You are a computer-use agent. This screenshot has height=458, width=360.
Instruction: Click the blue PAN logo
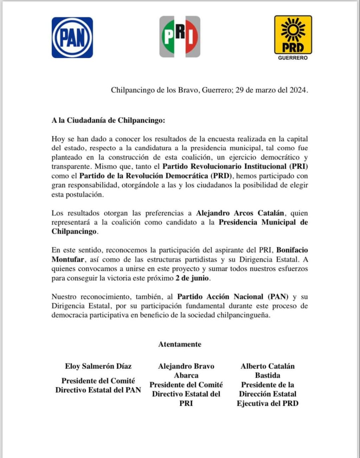coord(72,38)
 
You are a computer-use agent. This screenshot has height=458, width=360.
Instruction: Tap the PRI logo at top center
coord(180,37)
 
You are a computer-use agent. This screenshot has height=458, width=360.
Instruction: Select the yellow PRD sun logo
coord(293,34)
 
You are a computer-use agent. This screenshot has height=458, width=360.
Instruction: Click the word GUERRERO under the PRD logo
coord(293,58)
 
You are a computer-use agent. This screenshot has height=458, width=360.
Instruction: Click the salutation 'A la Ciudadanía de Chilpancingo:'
coord(108,120)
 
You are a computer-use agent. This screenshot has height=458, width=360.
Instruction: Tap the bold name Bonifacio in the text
coord(292,250)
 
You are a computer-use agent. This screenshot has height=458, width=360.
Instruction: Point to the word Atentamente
coord(180,344)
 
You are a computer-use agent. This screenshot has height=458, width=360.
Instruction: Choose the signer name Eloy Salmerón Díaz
coord(98,366)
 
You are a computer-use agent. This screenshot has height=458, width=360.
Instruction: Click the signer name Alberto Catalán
coord(268,366)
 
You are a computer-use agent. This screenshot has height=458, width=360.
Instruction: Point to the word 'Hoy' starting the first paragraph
coord(58,139)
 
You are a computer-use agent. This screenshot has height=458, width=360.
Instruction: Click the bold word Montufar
coord(68,260)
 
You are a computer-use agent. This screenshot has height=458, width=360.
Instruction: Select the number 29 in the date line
coord(239,90)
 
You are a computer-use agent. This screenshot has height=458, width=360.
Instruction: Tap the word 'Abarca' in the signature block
coord(186,375)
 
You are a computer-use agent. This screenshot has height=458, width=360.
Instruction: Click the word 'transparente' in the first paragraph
coord(71,167)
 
